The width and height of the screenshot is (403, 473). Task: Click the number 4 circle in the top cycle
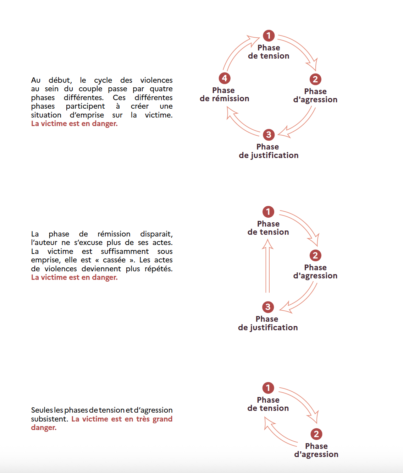225,78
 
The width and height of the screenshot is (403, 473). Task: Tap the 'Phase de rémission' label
224,94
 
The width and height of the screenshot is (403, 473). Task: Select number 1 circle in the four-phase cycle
269,36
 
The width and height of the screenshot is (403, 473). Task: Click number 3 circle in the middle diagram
268,307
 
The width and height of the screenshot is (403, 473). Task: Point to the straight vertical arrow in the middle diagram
267,266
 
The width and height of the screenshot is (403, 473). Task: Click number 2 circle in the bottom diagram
316,434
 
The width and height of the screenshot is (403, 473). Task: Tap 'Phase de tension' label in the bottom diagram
268,404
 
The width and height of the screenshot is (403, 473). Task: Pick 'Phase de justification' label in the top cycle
269,151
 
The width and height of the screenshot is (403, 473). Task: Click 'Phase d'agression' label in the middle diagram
315,272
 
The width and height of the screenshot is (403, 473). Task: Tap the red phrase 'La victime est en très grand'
122,419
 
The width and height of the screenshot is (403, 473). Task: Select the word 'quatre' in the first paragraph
161,89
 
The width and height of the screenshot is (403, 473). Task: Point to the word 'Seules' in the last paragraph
42,410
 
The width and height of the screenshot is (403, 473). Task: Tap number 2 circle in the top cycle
315,79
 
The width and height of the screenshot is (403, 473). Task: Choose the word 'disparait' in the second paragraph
156,234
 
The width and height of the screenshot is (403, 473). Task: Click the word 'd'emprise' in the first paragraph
87,115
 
